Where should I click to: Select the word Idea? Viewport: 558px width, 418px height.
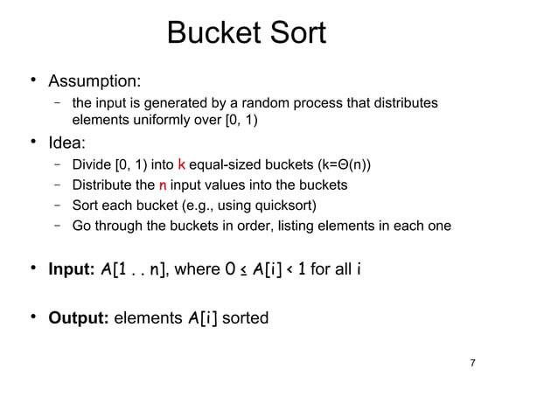[x=72, y=143]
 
